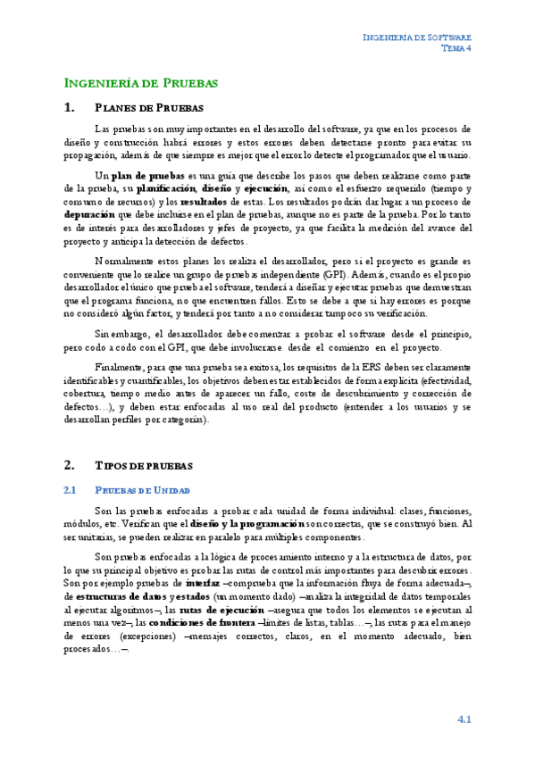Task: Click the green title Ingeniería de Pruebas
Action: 141,83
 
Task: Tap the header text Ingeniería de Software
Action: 417,37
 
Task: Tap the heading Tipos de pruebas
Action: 141,465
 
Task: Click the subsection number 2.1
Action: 71,490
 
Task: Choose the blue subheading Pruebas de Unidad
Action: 142,490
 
